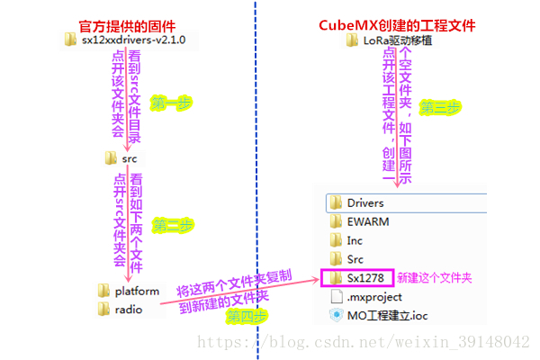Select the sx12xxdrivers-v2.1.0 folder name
click(x=133, y=40)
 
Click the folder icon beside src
click(x=111, y=158)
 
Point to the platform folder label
click(x=137, y=291)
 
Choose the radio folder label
click(x=130, y=309)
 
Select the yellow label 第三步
click(x=441, y=107)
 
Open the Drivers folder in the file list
click(x=365, y=202)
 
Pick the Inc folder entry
click(x=355, y=240)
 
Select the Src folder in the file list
click(x=355, y=259)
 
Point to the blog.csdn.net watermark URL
click(x=364, y=342)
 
